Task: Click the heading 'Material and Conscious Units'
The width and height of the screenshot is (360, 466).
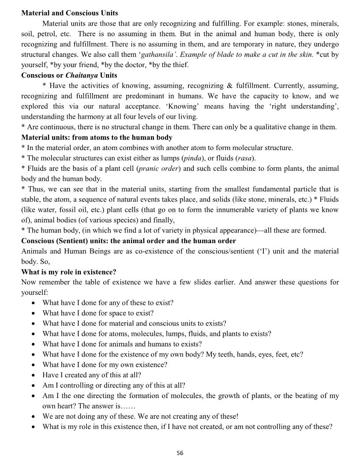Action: tap(69, 13)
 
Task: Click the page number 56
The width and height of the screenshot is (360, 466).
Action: tap(180, 453)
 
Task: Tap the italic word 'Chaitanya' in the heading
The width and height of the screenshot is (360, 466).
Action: tap(82, 75)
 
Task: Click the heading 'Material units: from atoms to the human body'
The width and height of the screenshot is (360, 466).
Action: tap(97, 137)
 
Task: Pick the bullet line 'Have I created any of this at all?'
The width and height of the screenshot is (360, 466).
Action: tap(92, 375)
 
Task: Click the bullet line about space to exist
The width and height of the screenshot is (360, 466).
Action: tap(98, 313)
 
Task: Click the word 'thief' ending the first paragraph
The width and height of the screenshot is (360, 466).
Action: tap(179, 65)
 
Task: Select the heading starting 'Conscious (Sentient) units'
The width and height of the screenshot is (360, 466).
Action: tap(128, 241)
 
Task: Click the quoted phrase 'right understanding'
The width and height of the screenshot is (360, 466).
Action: tap(300, 106)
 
